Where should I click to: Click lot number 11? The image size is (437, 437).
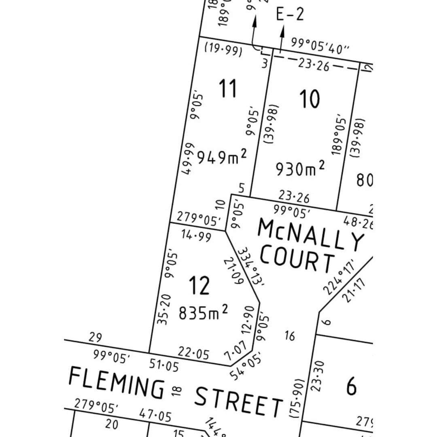click(x=227, y=88)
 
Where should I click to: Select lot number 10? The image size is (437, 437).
click(x=310, y=99)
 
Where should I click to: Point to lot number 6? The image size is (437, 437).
click(x=351, y=386)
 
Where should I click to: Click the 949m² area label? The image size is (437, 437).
click(x=221, y=157)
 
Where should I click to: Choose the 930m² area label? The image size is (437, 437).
click(x=300, y=168)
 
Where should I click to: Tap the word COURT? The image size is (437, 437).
click(x=297, y=259)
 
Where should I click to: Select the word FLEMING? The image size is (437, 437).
click(x=117, y=382)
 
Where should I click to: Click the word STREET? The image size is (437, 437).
click(x=238, y=401)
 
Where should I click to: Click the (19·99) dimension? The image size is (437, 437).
click(x=223, y=50)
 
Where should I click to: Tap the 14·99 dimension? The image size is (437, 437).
click(x=196, y=235)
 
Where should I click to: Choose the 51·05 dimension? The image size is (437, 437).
click(x=163, y=365)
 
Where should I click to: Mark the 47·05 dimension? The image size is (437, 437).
click(x=155, y=415)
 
